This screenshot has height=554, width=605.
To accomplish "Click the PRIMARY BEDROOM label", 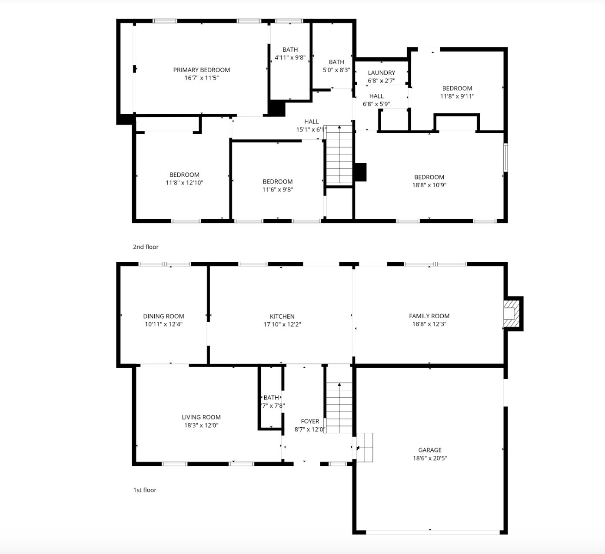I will pos(201,70).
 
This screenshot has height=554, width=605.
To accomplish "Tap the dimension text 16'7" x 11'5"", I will pos(201,78).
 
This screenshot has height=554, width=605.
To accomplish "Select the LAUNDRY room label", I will pos(381,73).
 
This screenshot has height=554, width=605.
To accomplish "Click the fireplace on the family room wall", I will pos(512,313).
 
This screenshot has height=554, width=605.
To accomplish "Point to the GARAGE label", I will pos(430,450).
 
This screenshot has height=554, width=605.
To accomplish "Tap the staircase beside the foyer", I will pos(339,408).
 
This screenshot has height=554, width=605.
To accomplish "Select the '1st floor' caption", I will pos(145,490).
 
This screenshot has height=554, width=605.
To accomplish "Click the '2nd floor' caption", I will pos(146,247).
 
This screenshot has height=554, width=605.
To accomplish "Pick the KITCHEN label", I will pos(282,317).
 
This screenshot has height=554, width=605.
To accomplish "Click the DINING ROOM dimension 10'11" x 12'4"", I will pos(163,324).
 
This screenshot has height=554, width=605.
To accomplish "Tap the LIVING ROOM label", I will pos(201,417).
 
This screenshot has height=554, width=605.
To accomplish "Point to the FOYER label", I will pos(310,421).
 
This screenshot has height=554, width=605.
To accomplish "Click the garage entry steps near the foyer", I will pos(364,447).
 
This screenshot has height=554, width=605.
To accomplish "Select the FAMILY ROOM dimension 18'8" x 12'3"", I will pos(429,324).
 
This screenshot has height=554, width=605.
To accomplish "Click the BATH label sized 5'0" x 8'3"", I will pos(336,62).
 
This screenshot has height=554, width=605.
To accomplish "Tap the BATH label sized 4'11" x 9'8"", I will pos(290,50).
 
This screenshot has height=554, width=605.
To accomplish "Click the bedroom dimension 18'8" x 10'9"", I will pos(429,185).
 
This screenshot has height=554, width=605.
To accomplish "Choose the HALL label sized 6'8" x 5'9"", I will pos(376,96).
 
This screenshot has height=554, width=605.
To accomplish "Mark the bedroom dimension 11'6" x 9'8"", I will pos(277,190).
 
